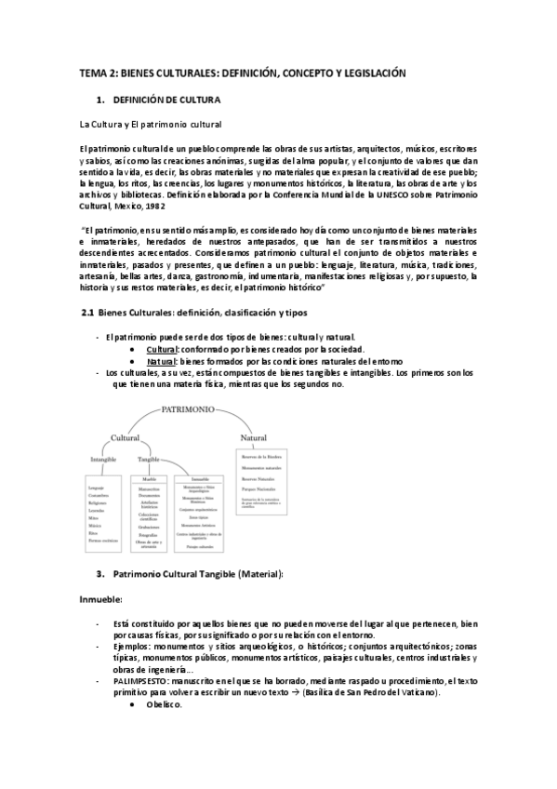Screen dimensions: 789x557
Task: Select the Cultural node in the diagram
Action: (126, 436)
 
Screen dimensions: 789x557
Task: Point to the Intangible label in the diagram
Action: (102, 460)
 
